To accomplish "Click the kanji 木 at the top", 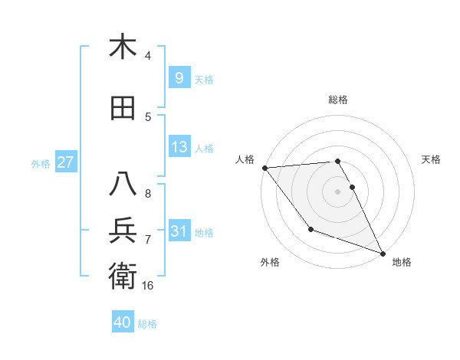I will pyautogui.click(x=123, y=47).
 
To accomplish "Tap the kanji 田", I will pyautogui.click(x=123, y=108).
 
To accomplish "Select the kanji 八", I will pyautogui.click(x=123, y=185).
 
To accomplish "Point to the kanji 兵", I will pyautogui.click(x=123, y=231).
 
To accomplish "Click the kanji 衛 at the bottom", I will pyautogui.click(x=123, y=275).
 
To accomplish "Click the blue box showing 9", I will pyautogui.click(x=179, y=77).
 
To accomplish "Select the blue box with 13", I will pyautogui.click(x=179, y=147).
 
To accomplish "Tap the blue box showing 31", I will pyautogui.click(x=179, y=231).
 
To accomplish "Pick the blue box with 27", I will pyautogui.click(x=65, y=162).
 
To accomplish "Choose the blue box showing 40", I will pyautogui.click(x=123, y=322).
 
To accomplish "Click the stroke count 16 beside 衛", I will pyautogui.click(x=149, y=285).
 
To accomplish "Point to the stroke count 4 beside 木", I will pyautogui.click(x=148, y=55).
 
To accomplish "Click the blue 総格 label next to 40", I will pyautogui.click(x=148, y=323).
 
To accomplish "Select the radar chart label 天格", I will pyautogui.click(x=431, y=159).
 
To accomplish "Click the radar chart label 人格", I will pyautogui.click(x=245, y=159).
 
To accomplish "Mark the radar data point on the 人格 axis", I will pyautogui.click(x=264, y=168).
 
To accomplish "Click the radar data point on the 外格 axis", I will pyautogui.click(x=310, y=229).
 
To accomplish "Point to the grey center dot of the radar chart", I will pyautogui.click(x=337, y=191).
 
